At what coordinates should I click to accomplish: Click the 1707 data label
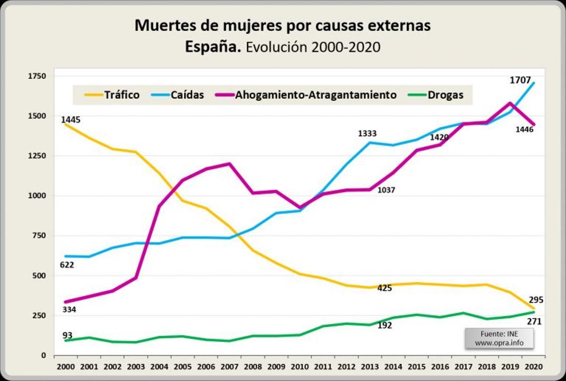coord(520,80)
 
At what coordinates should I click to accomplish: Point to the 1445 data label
coord(71,120)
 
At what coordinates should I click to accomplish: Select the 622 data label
coord(67,265)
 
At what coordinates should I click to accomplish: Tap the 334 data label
coord(69,310)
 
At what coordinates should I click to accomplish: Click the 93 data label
coord(67,335)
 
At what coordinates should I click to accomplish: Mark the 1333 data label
coord(367,134)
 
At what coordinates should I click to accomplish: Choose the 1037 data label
coord(386,190)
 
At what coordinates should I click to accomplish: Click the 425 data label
coord(385,288)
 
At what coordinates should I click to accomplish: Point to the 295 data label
coord(536,299)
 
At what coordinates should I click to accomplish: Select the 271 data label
coord(534,322)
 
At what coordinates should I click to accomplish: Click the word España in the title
coord(213,47)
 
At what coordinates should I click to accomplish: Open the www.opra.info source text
coord(499,343)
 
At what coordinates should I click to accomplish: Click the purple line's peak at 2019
coord(510,103)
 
